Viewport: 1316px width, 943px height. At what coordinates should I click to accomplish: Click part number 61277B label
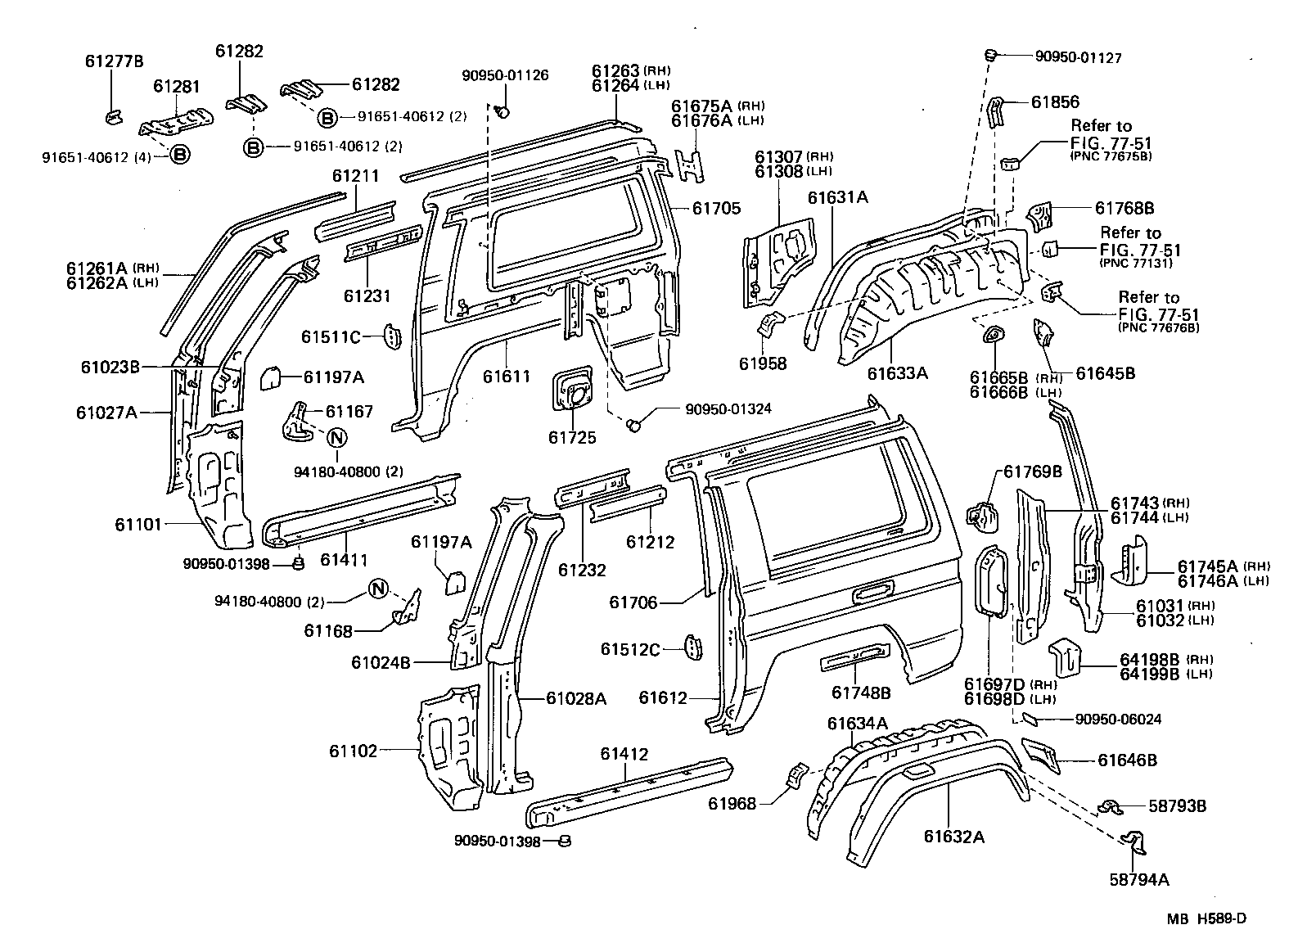(x=115, y=61)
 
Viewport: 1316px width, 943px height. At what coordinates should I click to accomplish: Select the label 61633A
(x=898, y=373)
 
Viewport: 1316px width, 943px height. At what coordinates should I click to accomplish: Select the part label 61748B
(x=861, y=693)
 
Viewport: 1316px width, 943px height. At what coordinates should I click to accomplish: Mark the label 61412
(x=624, y=754)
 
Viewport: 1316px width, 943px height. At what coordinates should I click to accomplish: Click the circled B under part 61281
(x=179, y=155)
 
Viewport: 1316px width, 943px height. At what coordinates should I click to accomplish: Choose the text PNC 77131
(x=1136, y=263)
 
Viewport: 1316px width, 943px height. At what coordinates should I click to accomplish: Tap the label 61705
(x=716, y=208)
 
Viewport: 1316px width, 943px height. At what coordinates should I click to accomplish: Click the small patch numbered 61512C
(x=692, y=647)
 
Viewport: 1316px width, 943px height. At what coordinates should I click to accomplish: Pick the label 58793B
(x=1177, y=805)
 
